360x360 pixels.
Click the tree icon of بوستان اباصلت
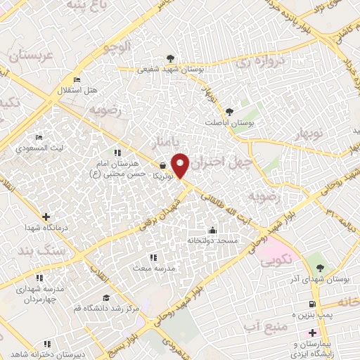tap(229, 111)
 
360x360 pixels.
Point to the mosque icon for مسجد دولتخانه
tap(212, 230)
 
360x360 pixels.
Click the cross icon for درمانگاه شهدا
tap(46, 217)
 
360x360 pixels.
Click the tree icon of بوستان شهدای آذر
tap(320, 267)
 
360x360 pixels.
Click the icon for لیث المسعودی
tap(39, 137)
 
